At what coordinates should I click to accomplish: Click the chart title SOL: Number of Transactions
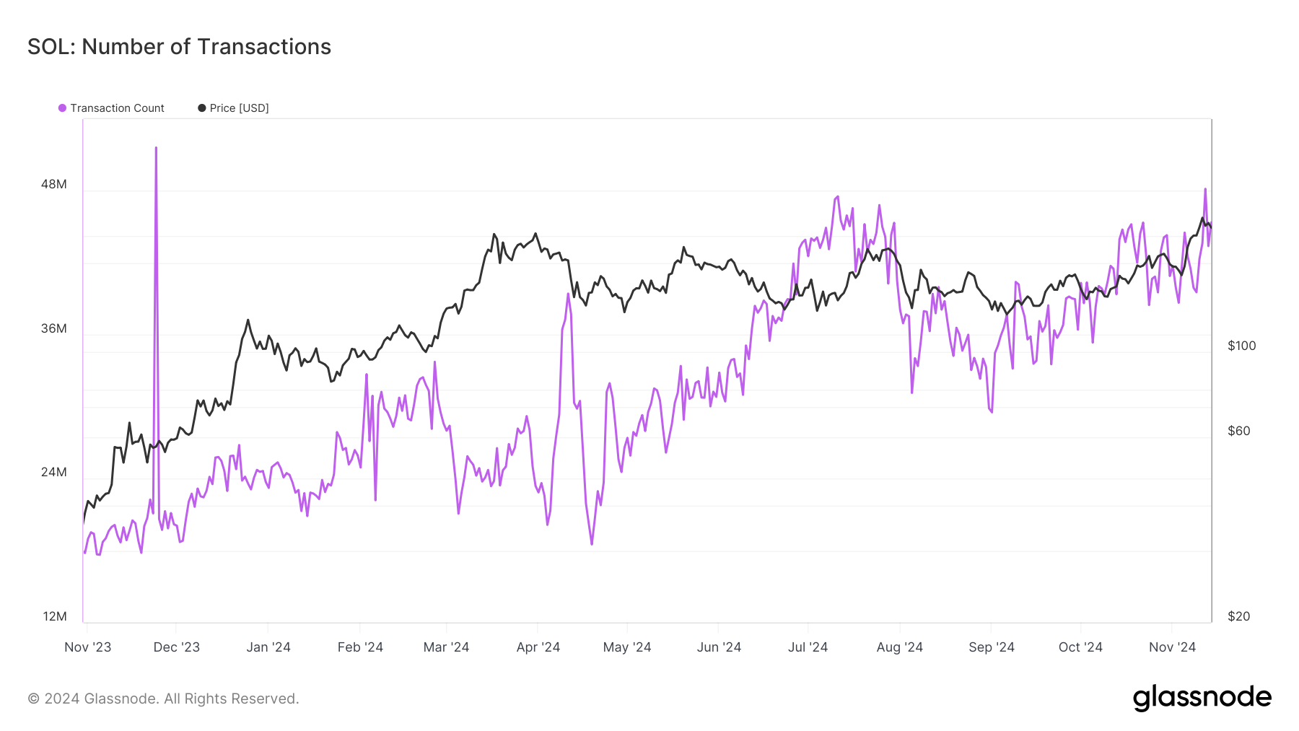tap(179, 47)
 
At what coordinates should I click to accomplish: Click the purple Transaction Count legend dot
tap(63, 108)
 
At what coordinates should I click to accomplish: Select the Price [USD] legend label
tap(239, 108)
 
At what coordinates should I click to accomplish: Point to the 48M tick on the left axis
tap(54, 184)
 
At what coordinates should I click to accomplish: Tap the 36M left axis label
tap(54, 328)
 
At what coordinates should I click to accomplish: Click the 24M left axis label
tap(54, 472)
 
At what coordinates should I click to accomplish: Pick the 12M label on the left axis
tap(55, 616)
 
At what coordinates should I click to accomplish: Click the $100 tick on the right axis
tap(1241, 346)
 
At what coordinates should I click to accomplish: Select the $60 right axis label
tap(1238, 431)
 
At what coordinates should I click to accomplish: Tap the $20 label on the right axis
tap(1238, 616)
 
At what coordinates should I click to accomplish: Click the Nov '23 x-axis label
tap(88, 647)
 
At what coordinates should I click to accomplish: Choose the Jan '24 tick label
tap(268, 647)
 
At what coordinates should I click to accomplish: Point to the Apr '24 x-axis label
tap(538, 647)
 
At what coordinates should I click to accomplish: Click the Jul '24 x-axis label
tap(808, 647)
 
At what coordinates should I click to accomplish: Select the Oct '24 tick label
tap(1080, 647)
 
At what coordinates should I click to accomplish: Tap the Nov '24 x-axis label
tap(1172, 647)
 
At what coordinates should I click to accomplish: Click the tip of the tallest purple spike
tap(156, 148)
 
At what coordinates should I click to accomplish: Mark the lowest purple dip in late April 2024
tap(592, 543)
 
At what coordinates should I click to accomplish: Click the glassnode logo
tap(1202, 698)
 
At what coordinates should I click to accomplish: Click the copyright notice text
tap(163, 699)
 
